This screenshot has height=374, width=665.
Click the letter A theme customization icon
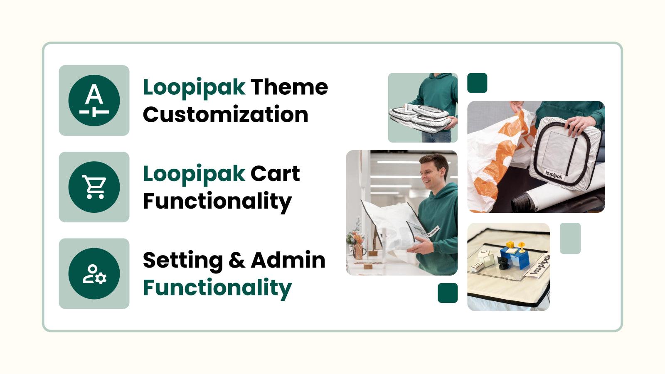(x=94, y=101)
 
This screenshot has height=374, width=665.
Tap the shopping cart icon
(x=94, y=187)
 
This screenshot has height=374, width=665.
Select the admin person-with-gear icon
(x=94, y=273)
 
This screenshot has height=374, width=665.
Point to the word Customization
(x=225, y=115)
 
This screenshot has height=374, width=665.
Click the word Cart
(x=275, y=174)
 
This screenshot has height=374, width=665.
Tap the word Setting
(x=182, y=261)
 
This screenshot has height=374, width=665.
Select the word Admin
(x=288, y=260)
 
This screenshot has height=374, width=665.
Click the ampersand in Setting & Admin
(x=236, y=261)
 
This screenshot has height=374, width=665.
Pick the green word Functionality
(x=217, y=288)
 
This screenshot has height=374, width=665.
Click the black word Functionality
(x=217, y=201)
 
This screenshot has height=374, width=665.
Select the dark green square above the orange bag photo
(x=477, y=83)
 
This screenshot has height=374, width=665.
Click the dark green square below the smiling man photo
(x=448, y=293)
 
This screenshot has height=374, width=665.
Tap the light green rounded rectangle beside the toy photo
(x=570, y=239)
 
